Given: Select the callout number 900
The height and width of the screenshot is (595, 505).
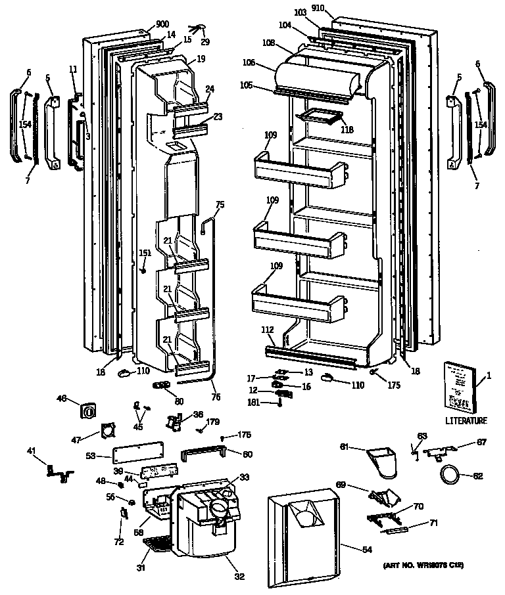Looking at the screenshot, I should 161,25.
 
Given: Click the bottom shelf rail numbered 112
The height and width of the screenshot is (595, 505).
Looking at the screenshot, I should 309,355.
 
